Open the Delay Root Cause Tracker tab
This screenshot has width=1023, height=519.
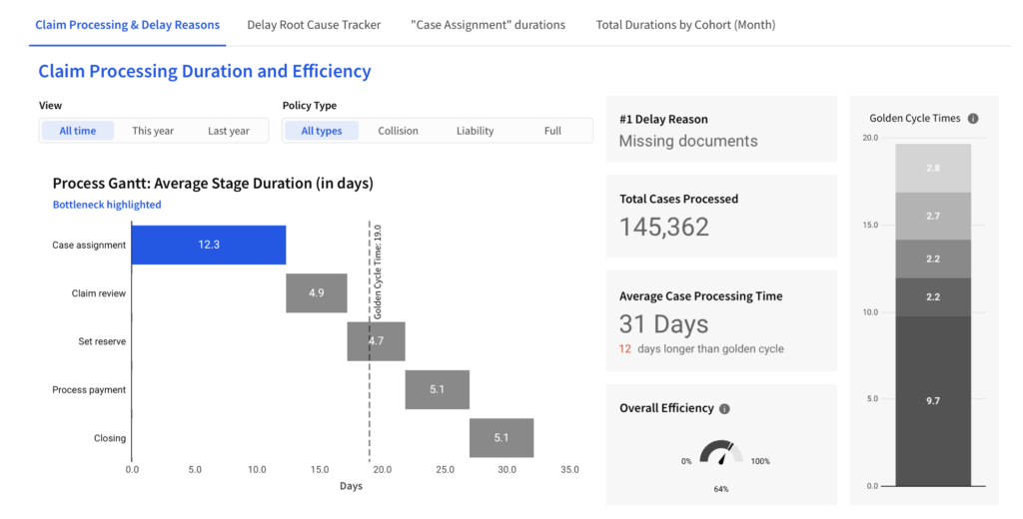coord(314,25)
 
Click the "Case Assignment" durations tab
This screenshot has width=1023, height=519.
coord(488,25)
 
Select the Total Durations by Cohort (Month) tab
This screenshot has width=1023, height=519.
coord(685,25)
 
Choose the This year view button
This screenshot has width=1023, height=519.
coord(153,131)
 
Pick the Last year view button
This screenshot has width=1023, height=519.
coord(229,131)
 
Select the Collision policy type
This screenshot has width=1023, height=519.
coord(398,131)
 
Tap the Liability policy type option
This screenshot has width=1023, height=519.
coord(475,131)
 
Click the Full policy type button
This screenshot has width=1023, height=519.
coord(552,131)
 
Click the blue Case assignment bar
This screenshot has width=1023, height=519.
coord(209,246)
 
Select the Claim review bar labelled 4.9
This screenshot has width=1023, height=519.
coord(317,293)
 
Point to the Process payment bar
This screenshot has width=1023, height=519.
coord(437,389)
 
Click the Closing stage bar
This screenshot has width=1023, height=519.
coord(502,437)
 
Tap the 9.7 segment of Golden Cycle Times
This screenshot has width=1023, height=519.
coord(932,400)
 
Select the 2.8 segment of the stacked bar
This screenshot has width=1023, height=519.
coord(932,168)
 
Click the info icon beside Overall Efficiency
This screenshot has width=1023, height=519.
coord(724,408)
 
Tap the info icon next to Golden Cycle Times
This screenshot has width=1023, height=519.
coord(973,119)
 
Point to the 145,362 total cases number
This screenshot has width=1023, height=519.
coord(664,227)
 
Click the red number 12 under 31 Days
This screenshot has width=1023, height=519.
coord(625,349)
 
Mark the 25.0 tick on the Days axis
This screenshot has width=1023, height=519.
coord(445,469)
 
